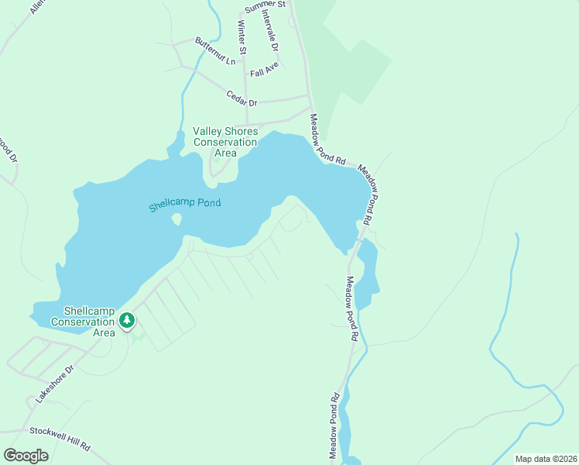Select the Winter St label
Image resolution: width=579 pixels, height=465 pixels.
242,37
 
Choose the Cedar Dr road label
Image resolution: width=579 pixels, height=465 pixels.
242,98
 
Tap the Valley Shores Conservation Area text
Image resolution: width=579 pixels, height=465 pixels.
225,142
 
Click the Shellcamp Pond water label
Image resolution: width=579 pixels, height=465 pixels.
185,205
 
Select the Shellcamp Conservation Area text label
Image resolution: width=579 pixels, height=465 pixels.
82,320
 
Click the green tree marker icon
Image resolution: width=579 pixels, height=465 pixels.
127,319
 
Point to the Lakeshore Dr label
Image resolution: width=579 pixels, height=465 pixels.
53,381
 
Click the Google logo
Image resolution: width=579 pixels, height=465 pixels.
26,455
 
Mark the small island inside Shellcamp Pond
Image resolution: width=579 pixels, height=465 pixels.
176,220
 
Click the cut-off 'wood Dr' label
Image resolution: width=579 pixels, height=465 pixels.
9,149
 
